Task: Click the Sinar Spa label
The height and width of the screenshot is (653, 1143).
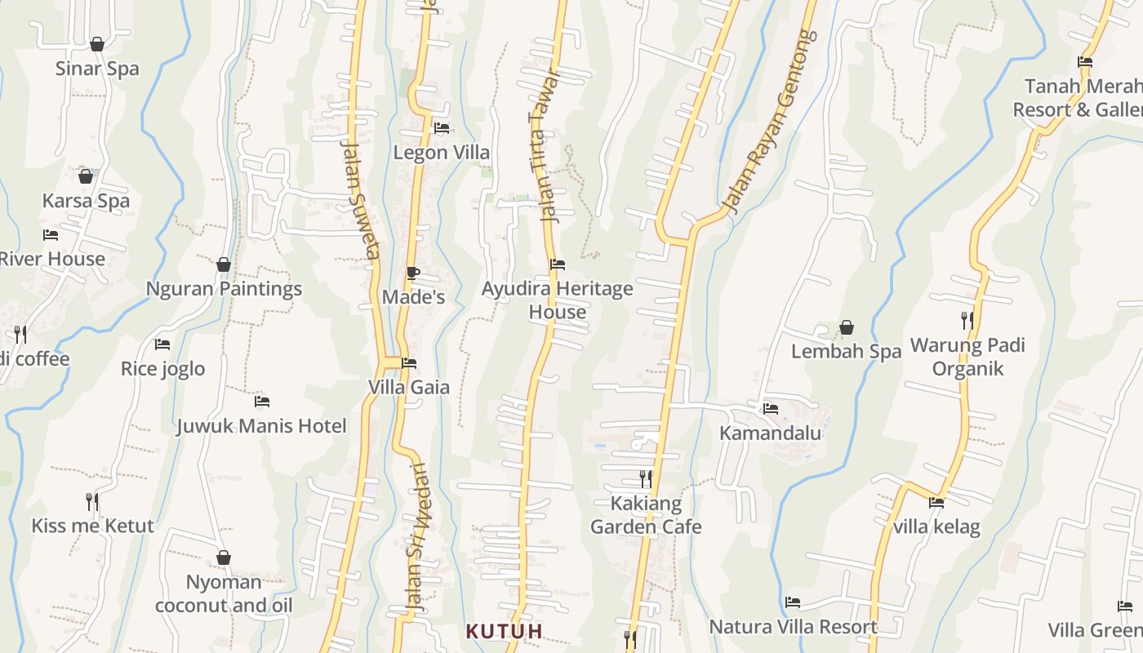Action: tap(97, 69)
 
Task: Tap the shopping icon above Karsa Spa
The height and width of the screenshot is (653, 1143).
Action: tap(86, 176)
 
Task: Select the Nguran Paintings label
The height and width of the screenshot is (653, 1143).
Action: tap(224, 289)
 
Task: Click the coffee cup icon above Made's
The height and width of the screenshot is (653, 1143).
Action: tap(412, 273)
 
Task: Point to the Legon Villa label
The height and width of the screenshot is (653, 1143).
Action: tap(442, 153)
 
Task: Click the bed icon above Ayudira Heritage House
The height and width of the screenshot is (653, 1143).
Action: tap(558, 264)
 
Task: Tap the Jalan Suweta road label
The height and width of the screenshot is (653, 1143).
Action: tap(360, 199)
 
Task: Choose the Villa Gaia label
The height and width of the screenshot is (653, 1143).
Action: tap(409, 387)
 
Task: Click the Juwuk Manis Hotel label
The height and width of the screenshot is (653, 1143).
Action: tap(261, 426)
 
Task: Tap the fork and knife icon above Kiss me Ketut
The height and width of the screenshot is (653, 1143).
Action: tap(92, 501)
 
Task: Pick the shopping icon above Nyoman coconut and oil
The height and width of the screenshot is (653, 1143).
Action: tap(224, 557)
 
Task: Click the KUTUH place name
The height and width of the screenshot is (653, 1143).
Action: tap(505, 631)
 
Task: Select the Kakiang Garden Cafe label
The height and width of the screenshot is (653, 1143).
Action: tap(646, 515)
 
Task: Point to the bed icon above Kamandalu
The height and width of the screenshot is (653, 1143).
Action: tap(770, 409)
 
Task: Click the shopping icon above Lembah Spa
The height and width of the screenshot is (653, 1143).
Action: tap(847, 328)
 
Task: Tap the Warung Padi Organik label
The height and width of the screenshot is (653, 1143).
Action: tap(967, 357)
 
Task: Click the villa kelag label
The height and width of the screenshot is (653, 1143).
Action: tap(936, 527)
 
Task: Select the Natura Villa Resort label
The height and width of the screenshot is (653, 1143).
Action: tap(793, 627)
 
